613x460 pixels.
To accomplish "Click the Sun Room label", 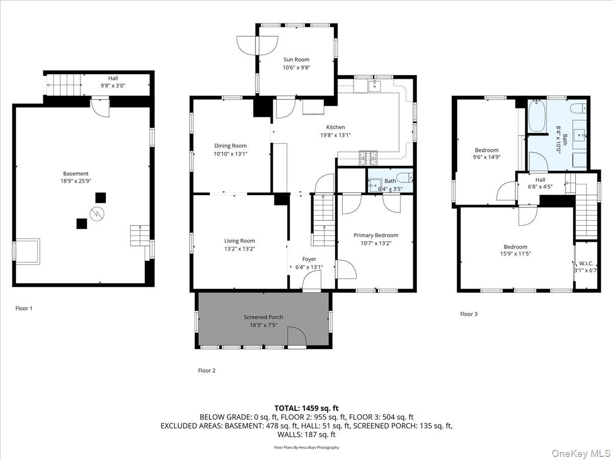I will pos(296,60).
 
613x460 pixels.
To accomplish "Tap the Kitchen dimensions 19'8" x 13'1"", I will pos(336,135).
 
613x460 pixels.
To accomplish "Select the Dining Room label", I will pos(231,146).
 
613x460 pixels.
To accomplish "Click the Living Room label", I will pos(239,241).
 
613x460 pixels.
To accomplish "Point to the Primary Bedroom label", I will pos(375,235).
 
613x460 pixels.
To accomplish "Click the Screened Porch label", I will pos(263,317).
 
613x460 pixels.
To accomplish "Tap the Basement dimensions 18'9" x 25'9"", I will pos(76,181).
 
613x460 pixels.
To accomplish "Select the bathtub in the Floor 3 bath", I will pos(536,117).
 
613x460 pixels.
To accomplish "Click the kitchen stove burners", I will pos(368,156).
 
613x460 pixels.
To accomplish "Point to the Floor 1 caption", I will pos(23,308).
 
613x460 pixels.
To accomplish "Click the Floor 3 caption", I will pos(468,314).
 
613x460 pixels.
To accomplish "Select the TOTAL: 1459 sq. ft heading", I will pos(306,408).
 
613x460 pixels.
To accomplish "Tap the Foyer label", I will pos(309,259).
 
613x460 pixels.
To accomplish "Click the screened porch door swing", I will pos(296,337).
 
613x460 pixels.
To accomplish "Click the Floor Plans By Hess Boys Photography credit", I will pos(306,447).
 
